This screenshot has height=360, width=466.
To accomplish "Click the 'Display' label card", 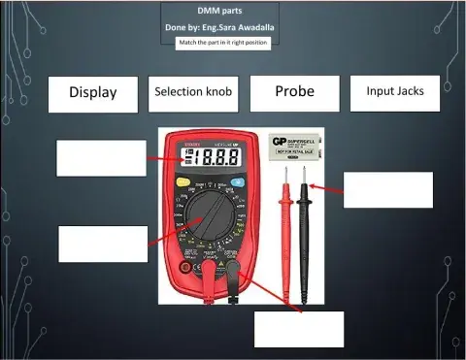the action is pyautogui.click(x=92, y=93).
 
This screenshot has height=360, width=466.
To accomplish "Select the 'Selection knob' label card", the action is pyautogui.click(x=192, y=92).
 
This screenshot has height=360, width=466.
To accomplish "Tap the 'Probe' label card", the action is pyautogui.click(x=294, y=92).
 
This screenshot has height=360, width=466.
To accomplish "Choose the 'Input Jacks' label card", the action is pyautogui.click(x=394, y=92).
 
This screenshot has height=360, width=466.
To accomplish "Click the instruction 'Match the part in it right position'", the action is pyautogui.click(x=222, y=44).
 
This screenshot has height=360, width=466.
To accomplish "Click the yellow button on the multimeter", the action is pyautogui.click(x=182, y=181).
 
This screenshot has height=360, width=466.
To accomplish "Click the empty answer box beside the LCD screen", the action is pyautogui.click(x=101, y=158).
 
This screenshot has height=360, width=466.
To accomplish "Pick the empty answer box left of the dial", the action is pyautogui.click(x=103, y=244).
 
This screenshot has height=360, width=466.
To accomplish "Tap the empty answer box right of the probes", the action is pyautogui.click(x=387, y=189).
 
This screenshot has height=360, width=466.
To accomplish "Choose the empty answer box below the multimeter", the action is pyautogui.click(x=299, y=329).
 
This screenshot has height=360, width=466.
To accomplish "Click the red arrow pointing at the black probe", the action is pyautogui.click(x=327, y=187).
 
